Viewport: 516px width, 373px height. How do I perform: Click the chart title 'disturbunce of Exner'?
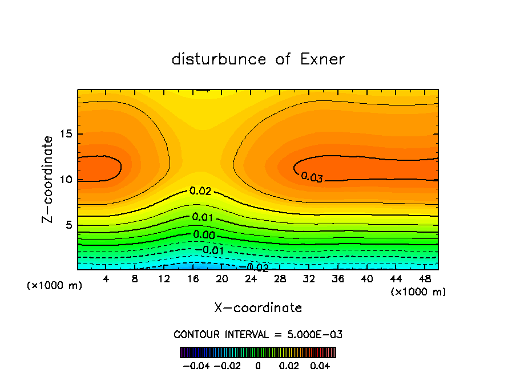(x=258, y=59)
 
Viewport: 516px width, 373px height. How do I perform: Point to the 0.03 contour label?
(x=312, y=177)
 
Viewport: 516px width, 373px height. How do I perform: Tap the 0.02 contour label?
(x=200, y=192)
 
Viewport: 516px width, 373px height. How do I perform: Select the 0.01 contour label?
(x=203, y=217)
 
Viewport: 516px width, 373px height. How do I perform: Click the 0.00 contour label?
(x=203, y=234)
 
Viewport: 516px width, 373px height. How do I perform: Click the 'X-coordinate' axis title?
(x=258, y=308)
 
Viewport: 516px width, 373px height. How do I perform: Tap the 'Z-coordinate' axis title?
(x=48, y=179)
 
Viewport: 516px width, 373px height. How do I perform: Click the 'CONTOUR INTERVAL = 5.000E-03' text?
(x=258, y=334)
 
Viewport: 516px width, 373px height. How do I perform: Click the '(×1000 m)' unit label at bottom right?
(x=418, y=292)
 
